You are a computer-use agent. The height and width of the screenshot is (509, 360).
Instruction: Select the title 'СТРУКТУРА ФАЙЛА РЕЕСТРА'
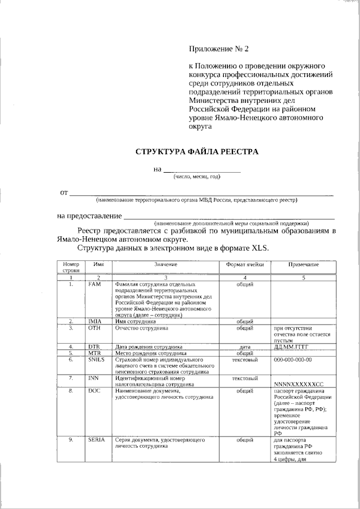[x=197, y=152]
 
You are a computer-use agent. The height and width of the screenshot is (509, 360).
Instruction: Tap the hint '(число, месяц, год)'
[x=197, y=177]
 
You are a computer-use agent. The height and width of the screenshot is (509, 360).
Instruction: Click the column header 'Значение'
[x=166, y=264]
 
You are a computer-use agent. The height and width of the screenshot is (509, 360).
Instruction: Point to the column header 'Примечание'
[x=304, y=264]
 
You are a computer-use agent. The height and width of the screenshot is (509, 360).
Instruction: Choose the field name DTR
[x=94, y=346]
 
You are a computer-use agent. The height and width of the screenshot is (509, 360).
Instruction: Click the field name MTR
[x=94, y=353]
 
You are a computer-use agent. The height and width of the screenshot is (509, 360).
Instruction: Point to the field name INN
[x=94, y=378]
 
